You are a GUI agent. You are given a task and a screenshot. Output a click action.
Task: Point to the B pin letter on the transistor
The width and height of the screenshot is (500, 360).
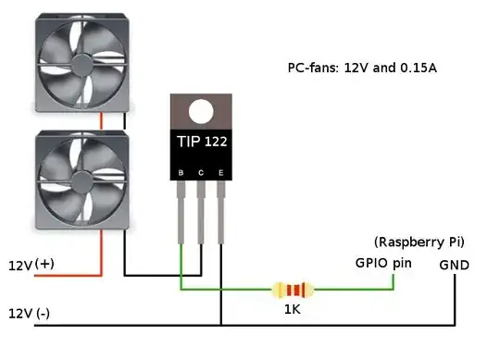pos(181,173)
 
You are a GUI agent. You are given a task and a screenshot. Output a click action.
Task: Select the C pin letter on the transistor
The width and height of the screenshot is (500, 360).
pos(201,173)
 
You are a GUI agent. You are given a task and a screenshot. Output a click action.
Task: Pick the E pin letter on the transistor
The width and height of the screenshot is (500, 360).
pos(220,173)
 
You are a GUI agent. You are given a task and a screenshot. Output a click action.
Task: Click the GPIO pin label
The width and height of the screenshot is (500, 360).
pos(382,263)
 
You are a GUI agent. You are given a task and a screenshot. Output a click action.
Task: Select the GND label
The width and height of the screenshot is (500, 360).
pos(455,266)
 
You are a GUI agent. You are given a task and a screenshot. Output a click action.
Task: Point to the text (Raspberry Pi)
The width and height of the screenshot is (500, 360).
pos(419,242)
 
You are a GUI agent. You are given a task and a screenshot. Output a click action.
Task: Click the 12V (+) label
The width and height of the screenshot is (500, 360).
pos(32,266)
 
